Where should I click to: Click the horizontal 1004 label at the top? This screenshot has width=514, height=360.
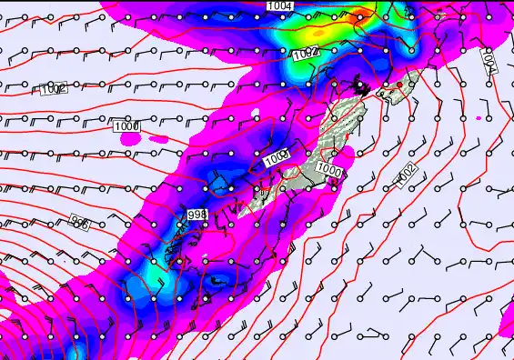click(x=280, y=6)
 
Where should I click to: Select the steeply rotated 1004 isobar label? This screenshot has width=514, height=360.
click(x=488, y=62)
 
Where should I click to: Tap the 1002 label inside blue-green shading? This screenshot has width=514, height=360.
click(x=305, y=55)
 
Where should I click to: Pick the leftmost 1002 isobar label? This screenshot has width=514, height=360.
click(x=54, y=89)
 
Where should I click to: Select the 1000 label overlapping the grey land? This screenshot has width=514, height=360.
click(x=330, y=170)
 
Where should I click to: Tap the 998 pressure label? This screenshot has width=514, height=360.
click(x=197, y=214)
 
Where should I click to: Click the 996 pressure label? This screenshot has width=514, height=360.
click(x=80, y=223)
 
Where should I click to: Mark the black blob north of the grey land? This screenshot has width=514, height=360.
click(x=362, y=87)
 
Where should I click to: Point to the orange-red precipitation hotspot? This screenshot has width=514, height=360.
click(x=364, y=13)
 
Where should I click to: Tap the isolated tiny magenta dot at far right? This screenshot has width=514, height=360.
click(x=479, y=118)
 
